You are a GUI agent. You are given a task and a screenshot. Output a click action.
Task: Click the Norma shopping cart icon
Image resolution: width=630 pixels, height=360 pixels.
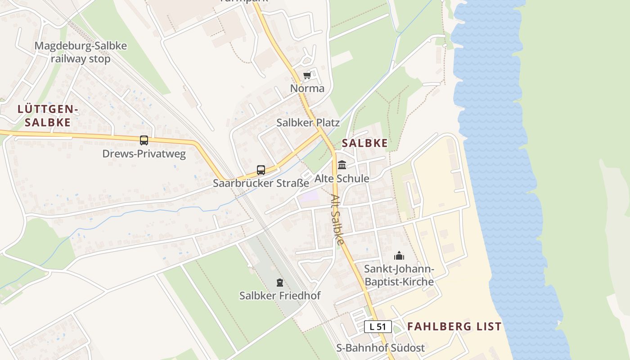307,76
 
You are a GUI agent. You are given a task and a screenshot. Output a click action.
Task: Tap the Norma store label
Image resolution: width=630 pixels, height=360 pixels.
307,88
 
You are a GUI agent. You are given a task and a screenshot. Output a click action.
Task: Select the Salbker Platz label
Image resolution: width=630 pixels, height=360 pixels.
308,122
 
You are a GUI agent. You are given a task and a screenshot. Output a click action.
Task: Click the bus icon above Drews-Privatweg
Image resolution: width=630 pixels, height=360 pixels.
144,140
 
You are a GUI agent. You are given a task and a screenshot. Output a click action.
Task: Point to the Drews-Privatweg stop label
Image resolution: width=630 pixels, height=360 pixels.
144,154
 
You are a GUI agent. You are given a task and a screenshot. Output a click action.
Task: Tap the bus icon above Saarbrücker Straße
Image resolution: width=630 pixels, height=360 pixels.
261,170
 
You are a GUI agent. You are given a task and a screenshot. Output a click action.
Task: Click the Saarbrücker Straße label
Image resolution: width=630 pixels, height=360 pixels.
261,183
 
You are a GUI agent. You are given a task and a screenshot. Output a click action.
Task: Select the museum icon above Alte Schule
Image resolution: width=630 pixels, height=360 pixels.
342,165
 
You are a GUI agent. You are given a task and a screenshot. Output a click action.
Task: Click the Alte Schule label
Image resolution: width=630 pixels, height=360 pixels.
342,178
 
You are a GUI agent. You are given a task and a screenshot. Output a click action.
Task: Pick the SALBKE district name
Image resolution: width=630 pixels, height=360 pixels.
365,143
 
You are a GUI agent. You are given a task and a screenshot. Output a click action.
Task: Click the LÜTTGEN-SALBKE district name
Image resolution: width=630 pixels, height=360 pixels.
48,115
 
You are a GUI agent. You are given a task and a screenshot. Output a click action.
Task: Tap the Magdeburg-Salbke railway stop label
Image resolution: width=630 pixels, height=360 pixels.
81,52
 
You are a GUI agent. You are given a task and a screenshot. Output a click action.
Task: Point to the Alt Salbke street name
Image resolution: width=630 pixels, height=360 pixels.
337,219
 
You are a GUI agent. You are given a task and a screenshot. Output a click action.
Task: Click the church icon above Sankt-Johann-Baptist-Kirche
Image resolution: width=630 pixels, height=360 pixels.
399,256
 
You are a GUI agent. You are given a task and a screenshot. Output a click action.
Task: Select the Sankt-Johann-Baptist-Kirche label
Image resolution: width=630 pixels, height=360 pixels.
399,275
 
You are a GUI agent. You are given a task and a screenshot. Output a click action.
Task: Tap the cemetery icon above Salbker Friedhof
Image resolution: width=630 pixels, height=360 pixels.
280,283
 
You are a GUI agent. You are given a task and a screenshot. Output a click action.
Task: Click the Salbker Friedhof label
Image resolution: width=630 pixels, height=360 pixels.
280,296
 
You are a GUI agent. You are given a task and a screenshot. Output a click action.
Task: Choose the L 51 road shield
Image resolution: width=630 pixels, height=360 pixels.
378,327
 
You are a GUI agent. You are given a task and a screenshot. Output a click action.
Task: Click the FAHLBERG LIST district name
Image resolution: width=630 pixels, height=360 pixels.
454,327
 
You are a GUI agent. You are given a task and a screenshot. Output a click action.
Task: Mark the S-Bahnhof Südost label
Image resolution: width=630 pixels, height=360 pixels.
381,348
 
